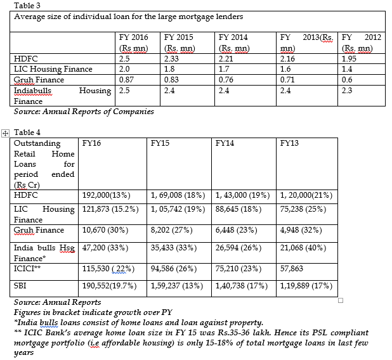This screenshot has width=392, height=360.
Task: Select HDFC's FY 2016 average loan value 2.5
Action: point(125,59)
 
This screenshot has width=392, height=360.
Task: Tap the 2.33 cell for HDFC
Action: point(173,59)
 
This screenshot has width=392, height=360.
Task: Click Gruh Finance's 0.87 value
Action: point(127,80)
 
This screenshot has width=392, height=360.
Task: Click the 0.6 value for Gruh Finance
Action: point(347,80)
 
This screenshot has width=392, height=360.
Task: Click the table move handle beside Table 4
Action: point(6,132)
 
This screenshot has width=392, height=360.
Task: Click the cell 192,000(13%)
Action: point(112,195)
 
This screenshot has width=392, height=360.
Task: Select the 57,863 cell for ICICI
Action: point(292,269)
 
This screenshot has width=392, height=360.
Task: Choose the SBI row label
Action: point(21,286)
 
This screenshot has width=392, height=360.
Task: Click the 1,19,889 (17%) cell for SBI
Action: point(306,286)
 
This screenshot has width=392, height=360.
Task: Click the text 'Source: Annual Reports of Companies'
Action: point(84,112)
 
